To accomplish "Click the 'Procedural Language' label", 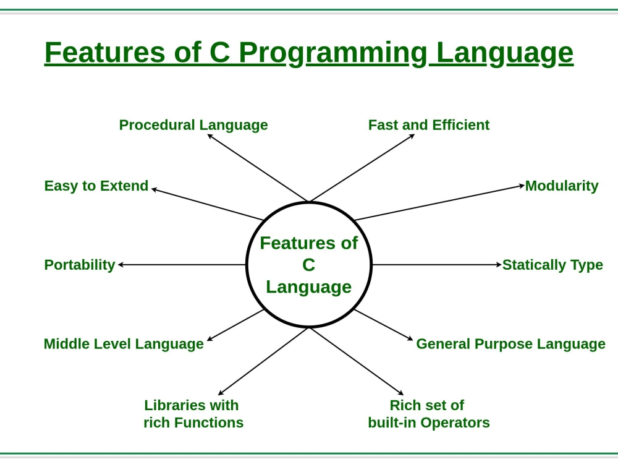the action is point(193,126).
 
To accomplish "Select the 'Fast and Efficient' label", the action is point(429,125).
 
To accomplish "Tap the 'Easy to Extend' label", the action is point(96,186).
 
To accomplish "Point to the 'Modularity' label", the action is point(562,186).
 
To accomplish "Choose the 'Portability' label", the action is point(80,265).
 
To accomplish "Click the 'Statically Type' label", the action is point(552,265).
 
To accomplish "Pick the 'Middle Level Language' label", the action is point(124,343).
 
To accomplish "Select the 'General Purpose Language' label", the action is point(511,343).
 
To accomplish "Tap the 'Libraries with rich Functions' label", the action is point(193,414).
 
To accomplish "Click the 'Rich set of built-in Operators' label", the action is point(429,414).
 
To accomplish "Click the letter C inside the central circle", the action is point(308,265).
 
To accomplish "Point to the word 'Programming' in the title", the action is point(333,53).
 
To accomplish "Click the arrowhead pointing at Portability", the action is point(121,265).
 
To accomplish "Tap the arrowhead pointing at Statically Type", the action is point(499,265).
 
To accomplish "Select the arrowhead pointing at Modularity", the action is point(522,186).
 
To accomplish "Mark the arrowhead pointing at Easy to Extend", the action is point(154,190).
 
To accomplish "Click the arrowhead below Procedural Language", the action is point(210,136).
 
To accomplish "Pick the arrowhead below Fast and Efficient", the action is point(412,136).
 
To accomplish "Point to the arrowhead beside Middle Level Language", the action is point(210,338).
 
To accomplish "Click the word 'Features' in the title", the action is point(105,52).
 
